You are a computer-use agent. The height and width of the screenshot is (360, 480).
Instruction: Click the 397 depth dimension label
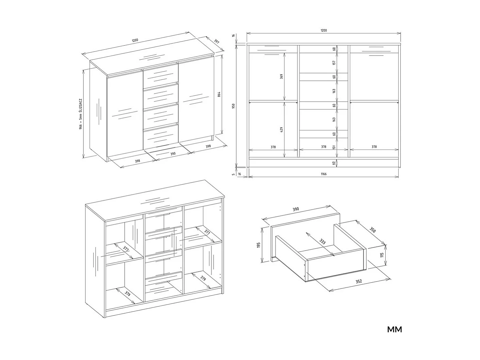(x=216, y=42)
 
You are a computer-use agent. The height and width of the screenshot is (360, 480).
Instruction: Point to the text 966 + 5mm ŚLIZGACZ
(x=80, y=114)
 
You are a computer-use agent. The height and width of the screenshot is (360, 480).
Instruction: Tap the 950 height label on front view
(x=233, y=106)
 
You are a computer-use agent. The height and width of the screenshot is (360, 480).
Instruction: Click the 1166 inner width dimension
(x=323, y=174)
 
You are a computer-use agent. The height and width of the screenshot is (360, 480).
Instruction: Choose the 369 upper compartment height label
(x=281, y=76)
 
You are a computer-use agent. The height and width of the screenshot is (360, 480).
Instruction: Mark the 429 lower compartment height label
(x=281, y=130)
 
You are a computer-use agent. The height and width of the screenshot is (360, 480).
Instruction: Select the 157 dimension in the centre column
(x=334, y=63)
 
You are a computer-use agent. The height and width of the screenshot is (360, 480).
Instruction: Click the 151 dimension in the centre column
(x=334, y=147)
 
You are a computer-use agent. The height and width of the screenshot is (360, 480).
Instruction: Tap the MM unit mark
(x=394, y=330)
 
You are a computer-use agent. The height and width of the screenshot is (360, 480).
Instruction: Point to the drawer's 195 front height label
(x=259, y=245)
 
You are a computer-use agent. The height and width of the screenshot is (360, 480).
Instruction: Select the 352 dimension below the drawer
(x=358, y=281)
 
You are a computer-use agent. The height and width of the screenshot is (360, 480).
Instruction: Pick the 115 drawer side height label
(x=382, y=255)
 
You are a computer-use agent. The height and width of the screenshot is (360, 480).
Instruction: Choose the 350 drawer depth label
(x=373, y=230)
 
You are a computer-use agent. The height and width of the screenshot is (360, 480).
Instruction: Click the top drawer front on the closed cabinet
(x=160, y=75)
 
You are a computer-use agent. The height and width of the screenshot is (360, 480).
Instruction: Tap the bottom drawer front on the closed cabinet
(x=161, y=136)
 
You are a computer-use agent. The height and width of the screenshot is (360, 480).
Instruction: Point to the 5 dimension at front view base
(x=233, y=174)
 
